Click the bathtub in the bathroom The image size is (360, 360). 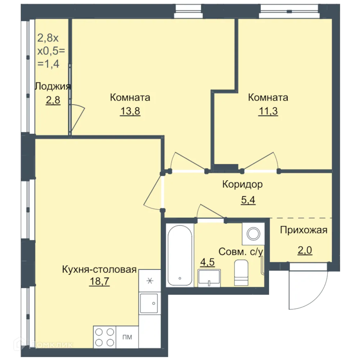pyautogui.click(x=180, y=255)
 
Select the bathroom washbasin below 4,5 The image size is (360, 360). pyautogui.click(x=209, y=278)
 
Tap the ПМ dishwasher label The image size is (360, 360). pyautogui.click(x=127, y=337)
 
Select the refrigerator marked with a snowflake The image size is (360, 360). pyautogui.click(x=150, y=280)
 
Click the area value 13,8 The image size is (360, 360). pyautogui.click(x=130, y=111)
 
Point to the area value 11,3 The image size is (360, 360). pyautogui.click(x=268, y=111)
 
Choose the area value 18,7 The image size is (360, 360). pyautogui.click(x=99, y=281)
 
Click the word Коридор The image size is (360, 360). pyautogui.click(x=242, y=184)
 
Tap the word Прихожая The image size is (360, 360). pyautogui.click(x=304, y=230)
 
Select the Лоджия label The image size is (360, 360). pyautogui.click(x=53, y=86)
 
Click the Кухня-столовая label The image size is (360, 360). pyautogui.click(x=99, y=269)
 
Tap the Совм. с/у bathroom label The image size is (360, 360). pyautogui.click(x=240, y=252)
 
